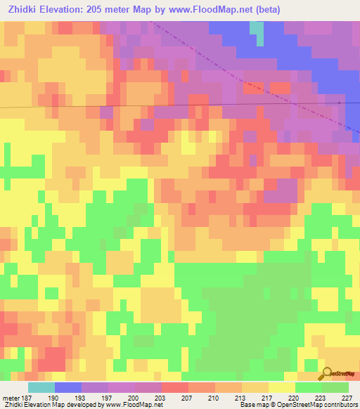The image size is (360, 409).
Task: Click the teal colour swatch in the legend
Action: (41, 387)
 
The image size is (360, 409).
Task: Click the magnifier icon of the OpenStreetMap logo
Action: (326, 373)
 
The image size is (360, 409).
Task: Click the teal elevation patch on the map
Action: (259, 32)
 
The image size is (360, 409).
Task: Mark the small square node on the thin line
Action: (339, 103)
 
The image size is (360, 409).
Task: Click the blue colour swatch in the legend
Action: (68, 387)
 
